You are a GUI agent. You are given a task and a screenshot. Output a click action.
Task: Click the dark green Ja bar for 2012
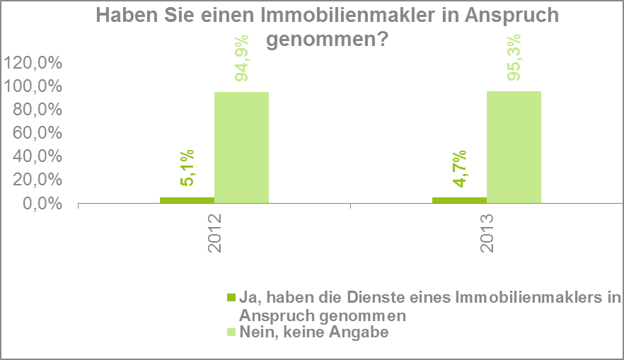pos(187,200)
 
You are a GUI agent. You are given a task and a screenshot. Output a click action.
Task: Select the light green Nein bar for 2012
pos(241,148)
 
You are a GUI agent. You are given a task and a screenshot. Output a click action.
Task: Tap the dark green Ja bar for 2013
pos(459,200)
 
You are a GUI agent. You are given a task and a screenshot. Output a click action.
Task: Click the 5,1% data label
pos(187,168)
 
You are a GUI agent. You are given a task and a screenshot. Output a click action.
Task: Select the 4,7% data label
pos(459,168)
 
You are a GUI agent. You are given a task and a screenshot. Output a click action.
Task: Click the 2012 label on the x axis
pos(214,233)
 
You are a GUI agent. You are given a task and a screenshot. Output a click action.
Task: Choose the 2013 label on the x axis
pos(487,233)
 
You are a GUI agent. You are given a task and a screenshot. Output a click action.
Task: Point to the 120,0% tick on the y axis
pos(33,63)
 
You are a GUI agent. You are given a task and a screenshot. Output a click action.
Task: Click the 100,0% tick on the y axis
pos(33,86)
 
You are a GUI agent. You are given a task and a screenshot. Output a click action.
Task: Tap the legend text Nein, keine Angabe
pos(314,331)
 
